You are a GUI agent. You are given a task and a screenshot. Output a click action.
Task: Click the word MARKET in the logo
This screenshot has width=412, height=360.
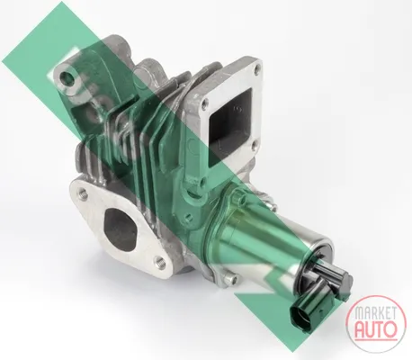coord(375,313)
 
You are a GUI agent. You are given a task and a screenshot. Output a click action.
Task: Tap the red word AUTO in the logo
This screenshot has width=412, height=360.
coord(376,329)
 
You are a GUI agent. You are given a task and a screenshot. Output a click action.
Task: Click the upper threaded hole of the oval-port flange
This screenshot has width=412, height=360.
coord(83,193)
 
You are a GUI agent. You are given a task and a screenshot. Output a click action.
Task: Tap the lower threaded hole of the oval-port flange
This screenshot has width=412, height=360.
coord(160,262)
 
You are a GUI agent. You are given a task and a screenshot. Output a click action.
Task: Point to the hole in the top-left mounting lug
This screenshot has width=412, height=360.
coord(67,77)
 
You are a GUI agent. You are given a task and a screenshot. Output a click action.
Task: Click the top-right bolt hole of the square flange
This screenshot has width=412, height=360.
coord(255,71)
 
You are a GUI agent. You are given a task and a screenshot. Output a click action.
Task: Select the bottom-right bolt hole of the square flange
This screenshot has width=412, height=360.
coord(254,146)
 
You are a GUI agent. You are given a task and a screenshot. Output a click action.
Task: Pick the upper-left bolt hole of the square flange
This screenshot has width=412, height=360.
coord(205,104)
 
